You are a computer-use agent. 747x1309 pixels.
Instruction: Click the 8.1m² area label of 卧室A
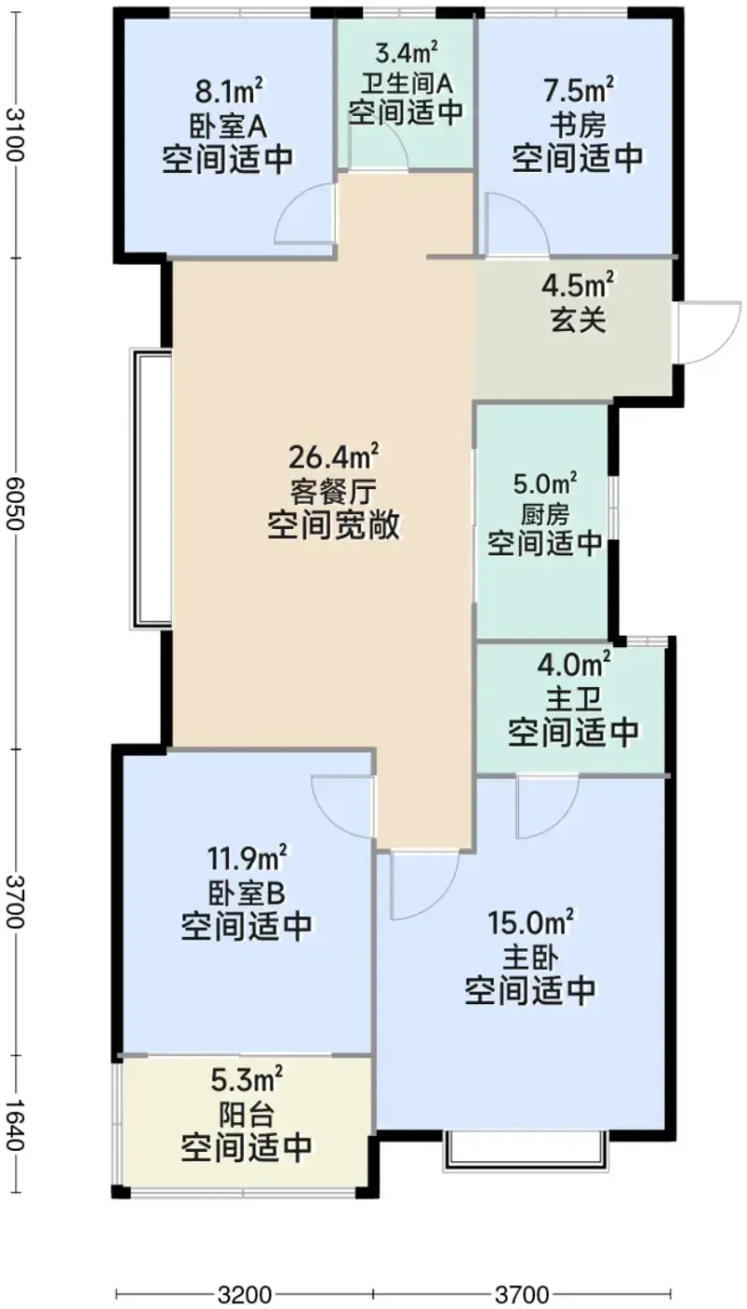pyautogui.click(x=228, y=91)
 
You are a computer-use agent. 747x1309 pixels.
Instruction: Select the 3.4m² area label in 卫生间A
pyautogui.click(x=407, y=53)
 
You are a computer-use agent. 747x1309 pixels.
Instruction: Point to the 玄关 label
pyautogui.click(x=578, y=320)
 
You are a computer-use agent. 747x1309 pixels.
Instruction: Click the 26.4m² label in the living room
pyautogui.click(x=335, y=457)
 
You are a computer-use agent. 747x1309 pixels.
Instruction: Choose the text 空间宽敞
pyautogui.click(x=335, y=525)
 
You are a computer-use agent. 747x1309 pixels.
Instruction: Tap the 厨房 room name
pyautogui.click(x=544, y=514)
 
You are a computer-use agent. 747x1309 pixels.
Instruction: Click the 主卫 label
pyautogui.click(x=573, y=698)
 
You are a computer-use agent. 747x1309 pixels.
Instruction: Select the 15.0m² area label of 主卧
pyautogui.click(x=529, y=922)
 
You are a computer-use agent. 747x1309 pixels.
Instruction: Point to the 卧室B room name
pyautogui.click(x=246, y=892)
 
